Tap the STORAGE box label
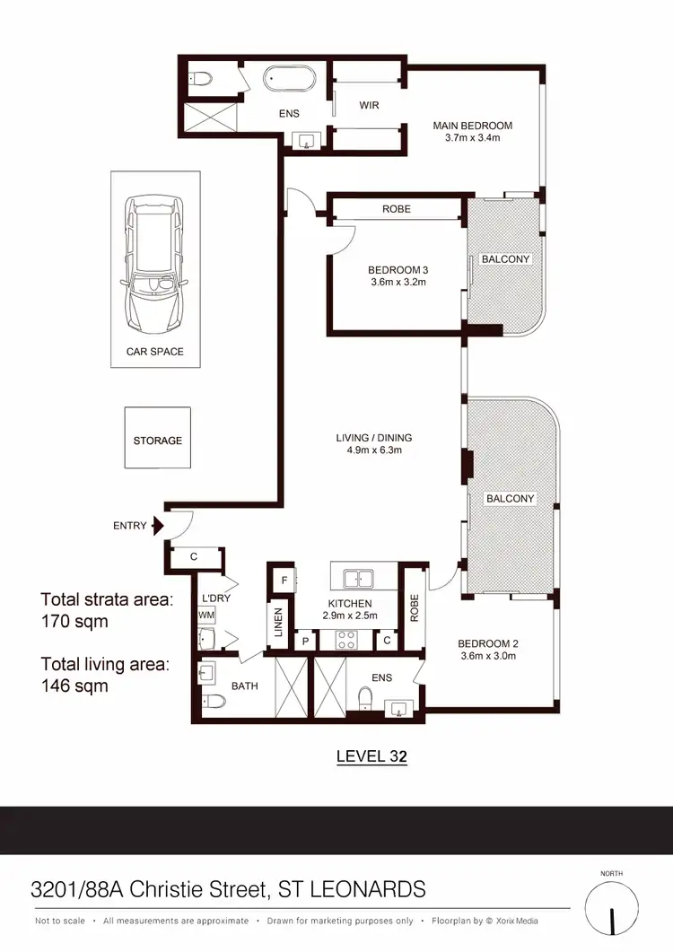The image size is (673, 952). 158,441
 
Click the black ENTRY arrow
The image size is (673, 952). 158,526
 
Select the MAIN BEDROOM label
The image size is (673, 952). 472,126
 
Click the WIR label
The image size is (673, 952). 369,105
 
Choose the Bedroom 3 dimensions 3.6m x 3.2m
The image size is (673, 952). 396,282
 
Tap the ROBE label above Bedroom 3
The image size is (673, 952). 396,209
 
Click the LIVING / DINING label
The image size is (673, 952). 374,438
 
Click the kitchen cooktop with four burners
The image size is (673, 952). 346,640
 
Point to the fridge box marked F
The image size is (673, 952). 283,581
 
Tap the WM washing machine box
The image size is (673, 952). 205,615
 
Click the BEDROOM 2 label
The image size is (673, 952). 488,643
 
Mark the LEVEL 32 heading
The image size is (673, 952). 371,756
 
